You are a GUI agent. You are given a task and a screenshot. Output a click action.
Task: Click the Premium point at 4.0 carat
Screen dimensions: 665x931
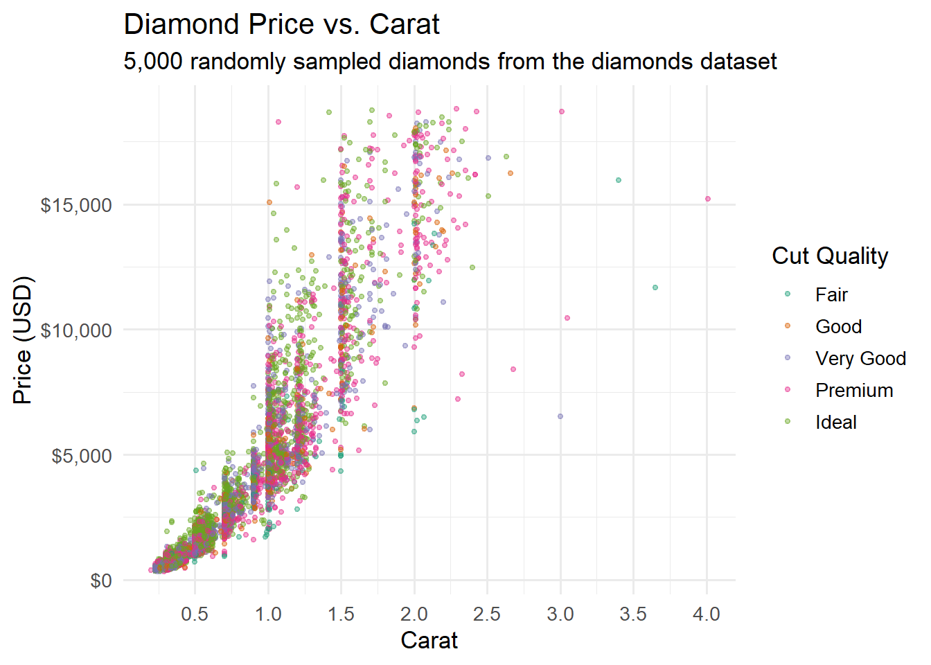(707, 199)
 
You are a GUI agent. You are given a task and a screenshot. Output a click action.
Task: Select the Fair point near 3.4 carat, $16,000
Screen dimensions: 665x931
(619, 180)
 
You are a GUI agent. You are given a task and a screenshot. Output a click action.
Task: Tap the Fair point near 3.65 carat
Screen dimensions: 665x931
(655, 287)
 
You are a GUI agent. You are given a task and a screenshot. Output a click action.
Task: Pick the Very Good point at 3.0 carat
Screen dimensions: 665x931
(560, 416)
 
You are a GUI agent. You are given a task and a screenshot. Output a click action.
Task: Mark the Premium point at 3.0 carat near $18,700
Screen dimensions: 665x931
(562, 112)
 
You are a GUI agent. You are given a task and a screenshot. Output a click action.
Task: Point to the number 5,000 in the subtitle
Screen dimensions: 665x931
(153, 62)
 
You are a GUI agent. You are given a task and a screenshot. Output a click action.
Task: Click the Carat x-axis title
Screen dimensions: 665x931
(429, 640)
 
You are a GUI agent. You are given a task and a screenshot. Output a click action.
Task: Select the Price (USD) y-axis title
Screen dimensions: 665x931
(23, 339)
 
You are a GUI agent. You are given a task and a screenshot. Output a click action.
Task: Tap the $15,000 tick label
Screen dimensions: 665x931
(76, 205)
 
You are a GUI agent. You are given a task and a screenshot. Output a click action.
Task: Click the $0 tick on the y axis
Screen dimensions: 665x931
(101, 580)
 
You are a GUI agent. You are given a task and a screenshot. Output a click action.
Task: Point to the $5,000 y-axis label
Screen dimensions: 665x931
(82, 456)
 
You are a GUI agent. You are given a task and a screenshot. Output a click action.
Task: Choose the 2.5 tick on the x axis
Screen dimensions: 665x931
(487, 614)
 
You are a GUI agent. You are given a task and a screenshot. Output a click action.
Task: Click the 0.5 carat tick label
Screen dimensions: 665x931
(195, 614)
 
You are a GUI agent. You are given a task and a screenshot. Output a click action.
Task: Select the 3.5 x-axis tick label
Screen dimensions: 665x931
(633, 614)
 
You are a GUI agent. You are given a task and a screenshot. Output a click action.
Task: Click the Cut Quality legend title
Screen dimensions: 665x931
(830, 256)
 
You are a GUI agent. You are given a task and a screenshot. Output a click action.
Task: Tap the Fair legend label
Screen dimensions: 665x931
(831, 295)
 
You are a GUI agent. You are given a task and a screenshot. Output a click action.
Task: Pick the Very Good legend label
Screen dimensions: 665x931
(860, 359)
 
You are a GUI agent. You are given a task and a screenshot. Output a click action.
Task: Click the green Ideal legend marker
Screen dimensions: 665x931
(788, 422)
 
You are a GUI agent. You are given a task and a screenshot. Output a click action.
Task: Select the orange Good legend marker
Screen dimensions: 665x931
(788, 326)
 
